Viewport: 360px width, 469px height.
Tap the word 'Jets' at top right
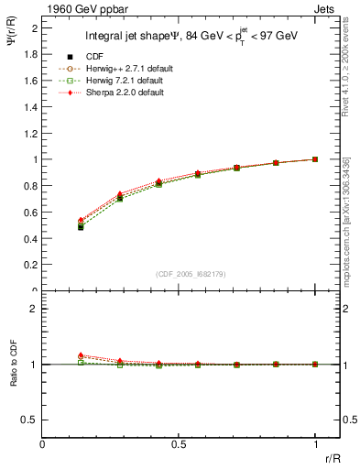coord(326,7)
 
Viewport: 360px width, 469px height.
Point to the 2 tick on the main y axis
coord(34,27)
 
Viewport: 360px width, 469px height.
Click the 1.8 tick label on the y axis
coord(30,54)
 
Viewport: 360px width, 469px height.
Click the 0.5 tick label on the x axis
coord(179,444)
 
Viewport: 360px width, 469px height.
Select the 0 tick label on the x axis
coord(43,444)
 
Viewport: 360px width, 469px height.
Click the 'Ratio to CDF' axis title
coord(14,363)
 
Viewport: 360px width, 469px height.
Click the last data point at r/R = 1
coord(315,159)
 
